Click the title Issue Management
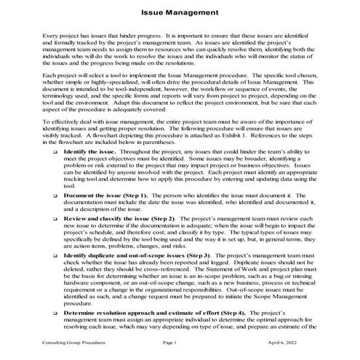(179, 12)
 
